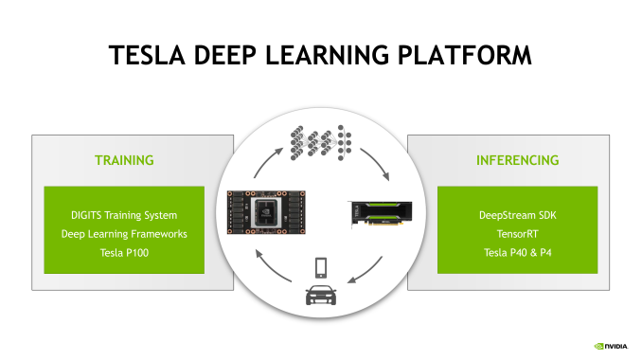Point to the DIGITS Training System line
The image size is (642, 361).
(x=124, y=215)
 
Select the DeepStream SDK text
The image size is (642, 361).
(x=517, y=215)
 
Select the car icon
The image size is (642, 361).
(x=321, y=297)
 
